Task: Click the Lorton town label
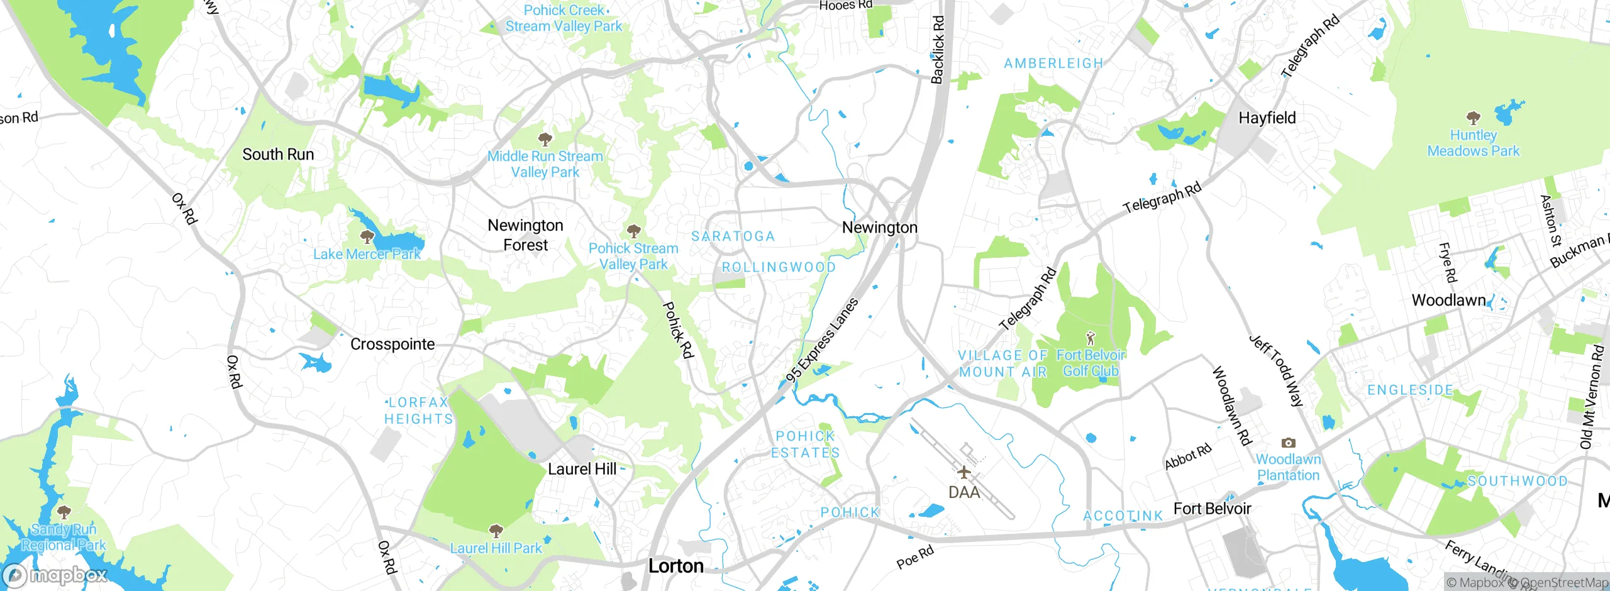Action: point(676,566)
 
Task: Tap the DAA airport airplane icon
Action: point(963,472)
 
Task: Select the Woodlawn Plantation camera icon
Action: point(1288,443)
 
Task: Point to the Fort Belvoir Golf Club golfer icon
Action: point(1091,338)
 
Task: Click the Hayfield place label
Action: point(1267,118)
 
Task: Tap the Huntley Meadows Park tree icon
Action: point(1473,118)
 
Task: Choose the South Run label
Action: point(278,154)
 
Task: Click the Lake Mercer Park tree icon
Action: point(367,237)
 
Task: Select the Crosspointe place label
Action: point(392,344)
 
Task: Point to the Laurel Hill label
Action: point(582,468)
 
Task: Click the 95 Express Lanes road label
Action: point(822,340)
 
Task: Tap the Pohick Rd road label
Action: point(677,331)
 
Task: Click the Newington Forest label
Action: point(526,235)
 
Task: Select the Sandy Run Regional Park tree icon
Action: point(64,512)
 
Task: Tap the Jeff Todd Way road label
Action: point(1276,371)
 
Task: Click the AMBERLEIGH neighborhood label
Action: point(1053,64)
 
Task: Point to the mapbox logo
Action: point(55,575)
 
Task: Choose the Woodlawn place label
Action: point(1448,300)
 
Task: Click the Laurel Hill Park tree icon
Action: point(496,531)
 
